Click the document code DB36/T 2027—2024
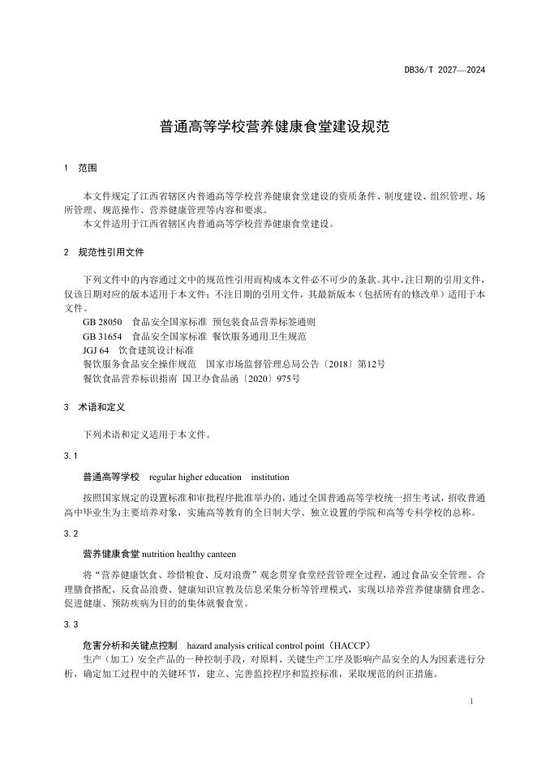click(x=444, y=71)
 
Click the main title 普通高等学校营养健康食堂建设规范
click(x=268, y=128)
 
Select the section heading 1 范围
click(x=80, y=168)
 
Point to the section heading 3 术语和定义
click(x=93, y=406)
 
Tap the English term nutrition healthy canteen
click(x=189, y=555)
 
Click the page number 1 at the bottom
click(x=470, y=698)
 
